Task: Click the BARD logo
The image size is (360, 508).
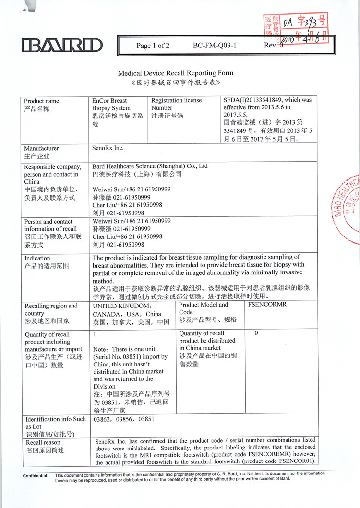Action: click(x=62, y=46)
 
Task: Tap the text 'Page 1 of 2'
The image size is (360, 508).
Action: click(x=153, y=46)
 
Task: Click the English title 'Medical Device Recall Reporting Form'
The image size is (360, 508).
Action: click(x=176, y=73)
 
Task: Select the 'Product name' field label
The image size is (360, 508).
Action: click(x=42, y=101)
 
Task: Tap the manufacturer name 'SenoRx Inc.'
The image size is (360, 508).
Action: click(x=108, y=148)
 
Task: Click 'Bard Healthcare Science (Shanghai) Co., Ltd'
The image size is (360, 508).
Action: click(x=150, y=166)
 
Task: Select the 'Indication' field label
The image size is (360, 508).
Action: click(x=37, y=258)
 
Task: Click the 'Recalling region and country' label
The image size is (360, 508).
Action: click(x=51, y=309)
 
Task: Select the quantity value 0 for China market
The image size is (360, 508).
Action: click(x=256, y=333)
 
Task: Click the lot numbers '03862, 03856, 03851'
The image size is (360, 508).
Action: click(x=123, y=419)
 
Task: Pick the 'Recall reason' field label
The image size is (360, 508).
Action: click(x=43, y=442)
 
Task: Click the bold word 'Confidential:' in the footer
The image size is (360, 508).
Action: click(x=36, y=475)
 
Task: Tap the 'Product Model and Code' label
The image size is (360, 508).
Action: click(x=204, y=308)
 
